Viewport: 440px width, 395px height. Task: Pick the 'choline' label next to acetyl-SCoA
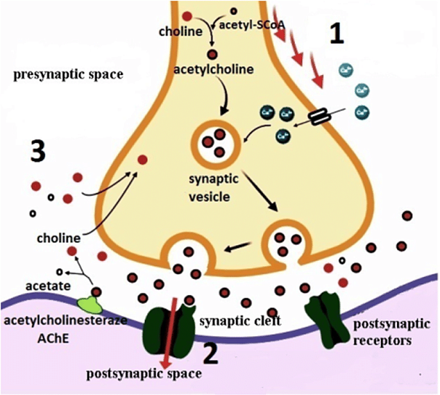[180, 32]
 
